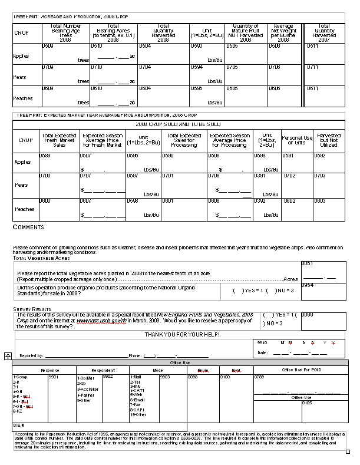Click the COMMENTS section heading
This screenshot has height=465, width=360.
pos(28,227)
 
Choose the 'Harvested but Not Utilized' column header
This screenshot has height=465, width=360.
pos(328,140)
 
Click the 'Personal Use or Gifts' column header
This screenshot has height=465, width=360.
pos(297,140)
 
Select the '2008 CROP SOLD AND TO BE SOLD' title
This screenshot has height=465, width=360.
pos(178,124)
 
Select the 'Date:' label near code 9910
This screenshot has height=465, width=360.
pos(263,352)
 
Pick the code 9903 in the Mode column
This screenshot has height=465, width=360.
pos(165,376)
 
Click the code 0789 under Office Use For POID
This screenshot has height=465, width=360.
pos(259,376)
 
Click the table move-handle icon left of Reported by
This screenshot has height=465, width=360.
pos(8,356)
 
